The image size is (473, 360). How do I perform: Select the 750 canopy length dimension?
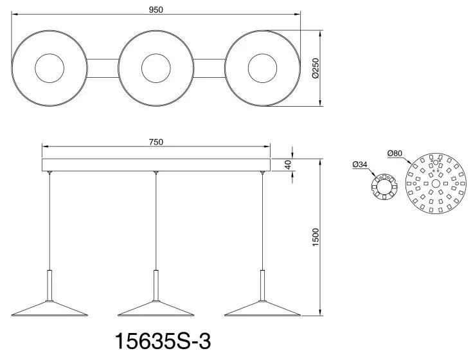(x=156, y=141)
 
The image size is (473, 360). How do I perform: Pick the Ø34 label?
(x=360, y=165)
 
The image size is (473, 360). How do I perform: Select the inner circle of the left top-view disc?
(x=49, y=67)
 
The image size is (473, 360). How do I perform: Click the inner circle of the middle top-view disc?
(x=156, y=67)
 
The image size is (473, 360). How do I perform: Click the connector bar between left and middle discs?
(x=103, y=67)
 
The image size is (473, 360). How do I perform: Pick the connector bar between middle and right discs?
(x=210, y=67)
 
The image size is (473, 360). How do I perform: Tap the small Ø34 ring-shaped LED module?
(x=384, y=187)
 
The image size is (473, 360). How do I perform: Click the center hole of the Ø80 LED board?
(x=435, y=183)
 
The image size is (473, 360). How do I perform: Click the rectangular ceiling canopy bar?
(x=156, y=165)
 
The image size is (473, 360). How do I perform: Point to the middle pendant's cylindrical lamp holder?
(x=156, y=283)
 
